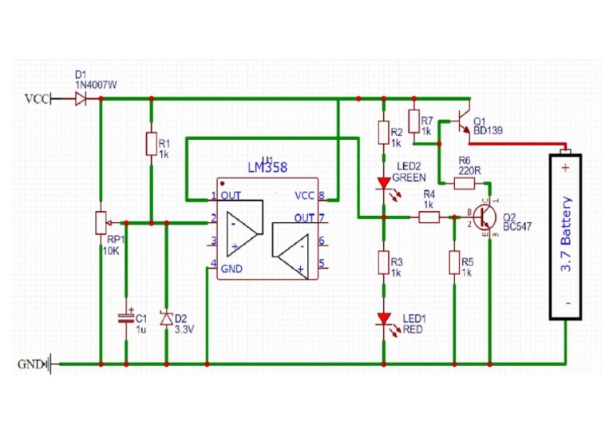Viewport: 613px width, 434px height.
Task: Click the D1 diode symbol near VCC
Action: tap(81, 99)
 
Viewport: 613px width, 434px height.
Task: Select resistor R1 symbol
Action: tap(151, 144)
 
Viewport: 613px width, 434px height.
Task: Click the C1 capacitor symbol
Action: tap(126, 318)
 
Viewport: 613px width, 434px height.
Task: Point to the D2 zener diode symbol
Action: tap(165, 319)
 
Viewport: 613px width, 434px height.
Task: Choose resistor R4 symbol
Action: tap(429, 216)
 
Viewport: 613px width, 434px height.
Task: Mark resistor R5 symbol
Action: tap(453, 263)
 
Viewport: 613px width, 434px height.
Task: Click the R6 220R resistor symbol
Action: tap(464, 183)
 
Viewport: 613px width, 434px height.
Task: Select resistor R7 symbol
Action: tap(414, 121)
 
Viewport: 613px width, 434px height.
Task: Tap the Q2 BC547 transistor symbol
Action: tap(484, 217)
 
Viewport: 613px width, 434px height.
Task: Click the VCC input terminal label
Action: tap(37, 99)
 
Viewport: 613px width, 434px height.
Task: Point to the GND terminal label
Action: tap(30, 364)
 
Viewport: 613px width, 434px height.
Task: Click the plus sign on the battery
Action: tap(565, 168)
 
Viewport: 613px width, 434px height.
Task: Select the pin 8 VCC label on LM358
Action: tap(303, 196)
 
